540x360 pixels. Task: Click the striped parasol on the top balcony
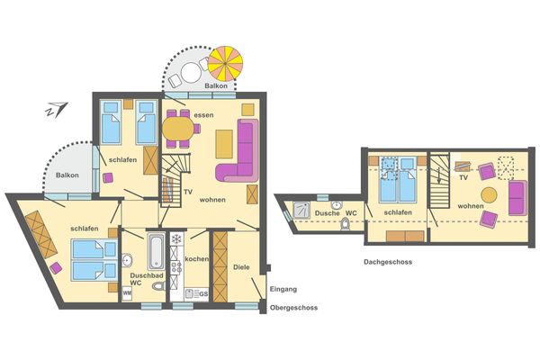point(226,63)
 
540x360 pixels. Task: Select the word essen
point(203,114)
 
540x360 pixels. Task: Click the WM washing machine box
point(128,293)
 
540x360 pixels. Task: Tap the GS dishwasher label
point(202,294)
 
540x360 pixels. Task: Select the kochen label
point(196,259)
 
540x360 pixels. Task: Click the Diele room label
point(241,267)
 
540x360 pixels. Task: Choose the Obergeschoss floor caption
point(293,308)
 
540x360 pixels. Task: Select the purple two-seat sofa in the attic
point(517,198)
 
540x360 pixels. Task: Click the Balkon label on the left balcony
point(67,175)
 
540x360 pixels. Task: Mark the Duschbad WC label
point(144,280)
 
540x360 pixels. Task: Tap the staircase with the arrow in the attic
point(439,182)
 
